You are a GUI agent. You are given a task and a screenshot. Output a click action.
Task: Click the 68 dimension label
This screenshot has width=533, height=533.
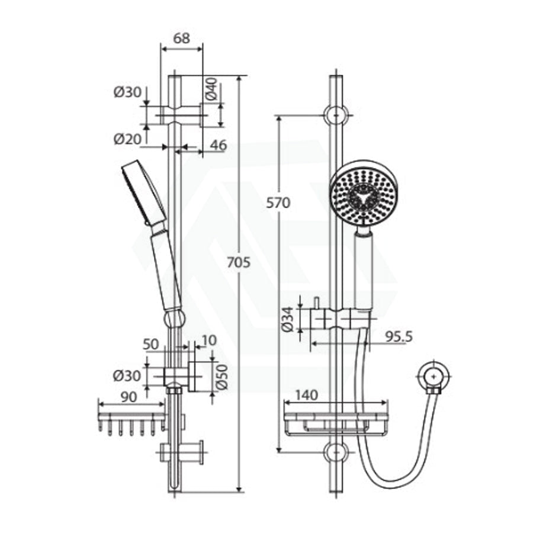[182, 38]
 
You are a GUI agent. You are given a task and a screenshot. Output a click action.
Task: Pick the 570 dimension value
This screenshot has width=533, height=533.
[278, 202]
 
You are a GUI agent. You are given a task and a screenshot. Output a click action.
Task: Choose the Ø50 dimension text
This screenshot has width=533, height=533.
[221, 375]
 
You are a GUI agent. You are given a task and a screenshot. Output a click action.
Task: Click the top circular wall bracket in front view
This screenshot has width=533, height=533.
[335, 114]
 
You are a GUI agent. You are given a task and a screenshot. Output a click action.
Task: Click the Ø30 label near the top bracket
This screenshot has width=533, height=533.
[127, 92]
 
